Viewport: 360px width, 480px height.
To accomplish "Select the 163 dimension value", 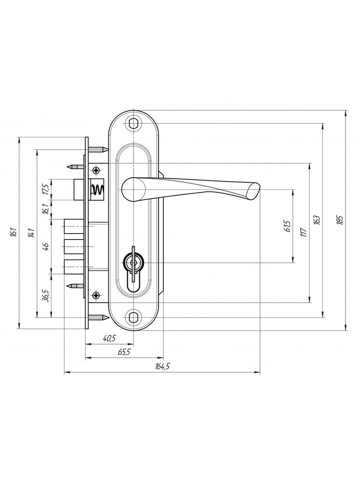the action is point(318,220).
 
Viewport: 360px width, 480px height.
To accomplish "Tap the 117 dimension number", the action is point(305,232).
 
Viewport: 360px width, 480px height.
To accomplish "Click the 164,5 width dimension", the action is point(162,366).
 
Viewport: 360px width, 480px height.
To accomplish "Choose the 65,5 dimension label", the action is point(124,352).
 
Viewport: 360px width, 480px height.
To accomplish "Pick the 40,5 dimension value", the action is point(109,338).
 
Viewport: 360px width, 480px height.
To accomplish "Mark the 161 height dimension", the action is point(13,232).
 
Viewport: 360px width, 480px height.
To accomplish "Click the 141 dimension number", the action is point(31,232).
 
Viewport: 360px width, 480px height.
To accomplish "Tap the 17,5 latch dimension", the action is point(45,189).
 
